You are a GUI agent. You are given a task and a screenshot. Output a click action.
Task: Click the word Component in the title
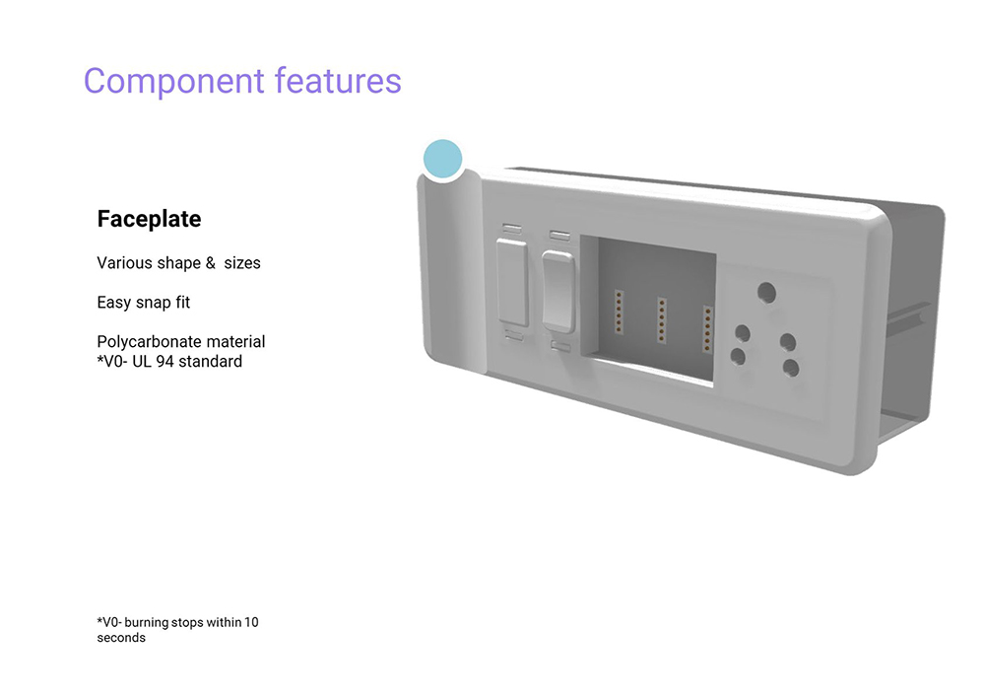point(174,83)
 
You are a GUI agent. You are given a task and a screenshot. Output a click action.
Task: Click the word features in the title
point(338,81)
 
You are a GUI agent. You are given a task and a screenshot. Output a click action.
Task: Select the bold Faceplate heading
point(149,219)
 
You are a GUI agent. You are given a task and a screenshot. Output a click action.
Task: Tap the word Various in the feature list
point(122,262)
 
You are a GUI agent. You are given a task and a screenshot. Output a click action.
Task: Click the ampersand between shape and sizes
point(211,262)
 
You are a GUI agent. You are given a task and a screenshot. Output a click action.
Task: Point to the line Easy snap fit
point(143,303)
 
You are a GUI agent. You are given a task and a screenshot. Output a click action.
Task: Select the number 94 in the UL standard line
point(164,362)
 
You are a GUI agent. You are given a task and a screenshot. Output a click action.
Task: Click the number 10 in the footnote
point(251,622)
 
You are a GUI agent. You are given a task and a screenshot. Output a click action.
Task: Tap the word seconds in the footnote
point(121,637)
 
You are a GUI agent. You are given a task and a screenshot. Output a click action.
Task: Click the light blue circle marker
point(443,159)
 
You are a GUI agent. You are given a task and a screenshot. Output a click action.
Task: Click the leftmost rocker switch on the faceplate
point(512,282)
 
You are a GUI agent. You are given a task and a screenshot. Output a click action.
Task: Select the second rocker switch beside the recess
point(558,291)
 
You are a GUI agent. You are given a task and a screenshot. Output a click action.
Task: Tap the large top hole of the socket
point(766,293)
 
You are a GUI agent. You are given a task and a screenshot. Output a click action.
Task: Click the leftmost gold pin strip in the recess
point(619,312)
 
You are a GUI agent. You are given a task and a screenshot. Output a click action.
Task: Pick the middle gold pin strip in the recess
point(662,320)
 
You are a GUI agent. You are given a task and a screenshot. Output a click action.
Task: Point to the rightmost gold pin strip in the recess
point(708,329)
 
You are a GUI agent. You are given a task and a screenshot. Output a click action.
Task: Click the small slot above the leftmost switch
point(512,228)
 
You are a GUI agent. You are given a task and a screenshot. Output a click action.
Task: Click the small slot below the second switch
point(560,346)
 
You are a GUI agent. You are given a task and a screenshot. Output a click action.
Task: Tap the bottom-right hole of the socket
point(791,368)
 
